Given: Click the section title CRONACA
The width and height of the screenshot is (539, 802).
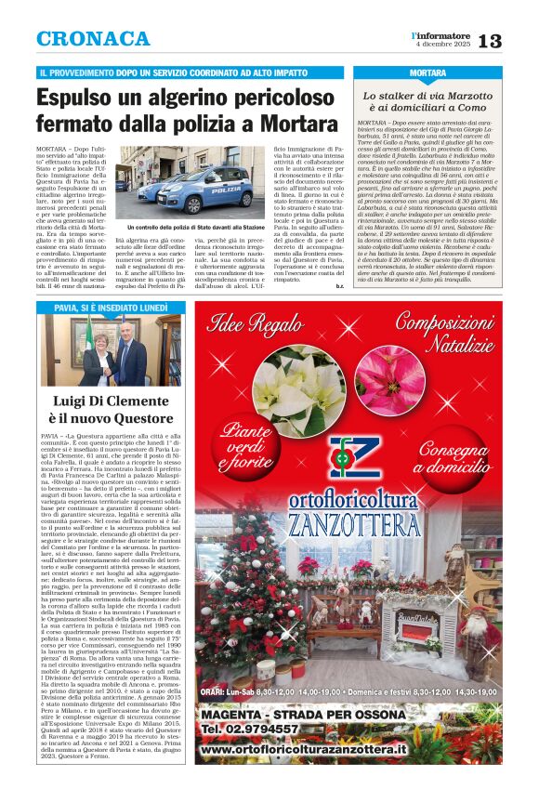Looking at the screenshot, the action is point(92,39).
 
